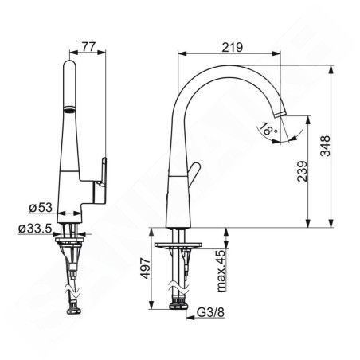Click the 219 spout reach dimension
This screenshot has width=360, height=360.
232,47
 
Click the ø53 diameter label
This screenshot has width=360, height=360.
39,209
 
